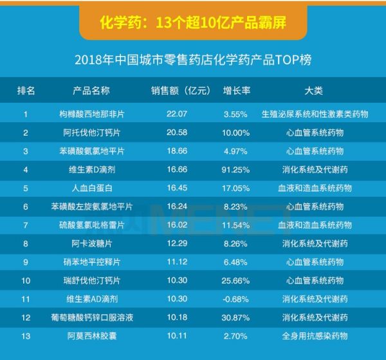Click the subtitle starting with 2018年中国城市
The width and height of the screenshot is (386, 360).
tap(193, 61)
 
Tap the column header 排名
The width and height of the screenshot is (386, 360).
tap(26, 91)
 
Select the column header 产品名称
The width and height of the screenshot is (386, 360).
tap(91, 91)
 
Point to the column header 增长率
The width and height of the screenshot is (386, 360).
tap(236, 91)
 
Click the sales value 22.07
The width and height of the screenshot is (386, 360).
tap(176, 114)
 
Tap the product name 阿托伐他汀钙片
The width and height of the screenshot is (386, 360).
tap(91, 132)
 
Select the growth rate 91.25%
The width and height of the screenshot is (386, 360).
tap(236, 170)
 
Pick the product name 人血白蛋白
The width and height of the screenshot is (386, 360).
tap(91, 188)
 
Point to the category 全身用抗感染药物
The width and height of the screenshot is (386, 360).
tap(315, 336)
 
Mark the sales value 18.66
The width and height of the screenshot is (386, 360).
tap(176, 151)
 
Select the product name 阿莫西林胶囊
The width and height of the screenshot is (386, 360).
tap(91, 336)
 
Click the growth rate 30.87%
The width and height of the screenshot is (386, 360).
tap(236, 317)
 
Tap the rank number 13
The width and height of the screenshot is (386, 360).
tap(26, 336)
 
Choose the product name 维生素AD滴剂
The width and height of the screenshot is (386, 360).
tap(91, 299)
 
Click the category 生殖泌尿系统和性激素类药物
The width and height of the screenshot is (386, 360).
tap(315, 114)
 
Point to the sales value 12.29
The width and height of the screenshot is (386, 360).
tap(176, 244)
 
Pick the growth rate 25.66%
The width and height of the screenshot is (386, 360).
tap(236, 280)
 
